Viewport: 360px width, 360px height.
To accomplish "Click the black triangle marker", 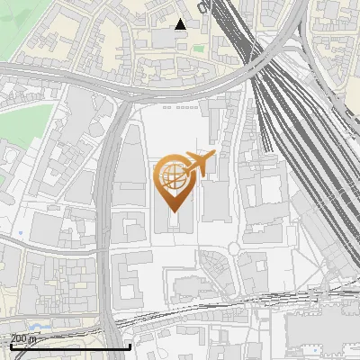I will point(181,24).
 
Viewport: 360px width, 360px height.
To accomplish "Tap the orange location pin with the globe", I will point(174,180).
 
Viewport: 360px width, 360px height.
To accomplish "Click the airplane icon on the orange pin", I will point(199,163).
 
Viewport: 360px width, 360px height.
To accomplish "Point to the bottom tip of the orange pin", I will point(173,211).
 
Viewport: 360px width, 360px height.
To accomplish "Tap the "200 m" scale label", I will point(23,338).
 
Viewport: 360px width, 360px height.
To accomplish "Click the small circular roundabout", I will point(234,248).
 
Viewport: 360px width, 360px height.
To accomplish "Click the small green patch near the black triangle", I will point(198,49).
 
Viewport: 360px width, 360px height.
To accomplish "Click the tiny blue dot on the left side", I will point(20,233).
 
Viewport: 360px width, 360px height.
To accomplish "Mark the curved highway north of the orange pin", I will point(180,90).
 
